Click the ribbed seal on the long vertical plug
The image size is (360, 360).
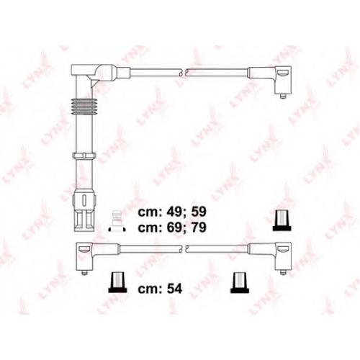(x=83, y=106)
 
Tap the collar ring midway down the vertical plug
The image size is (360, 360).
(x=84, y=156)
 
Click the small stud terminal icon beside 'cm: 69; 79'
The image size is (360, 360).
(x=117, y=221)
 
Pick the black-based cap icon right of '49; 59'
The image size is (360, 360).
(x=282, y=220)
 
